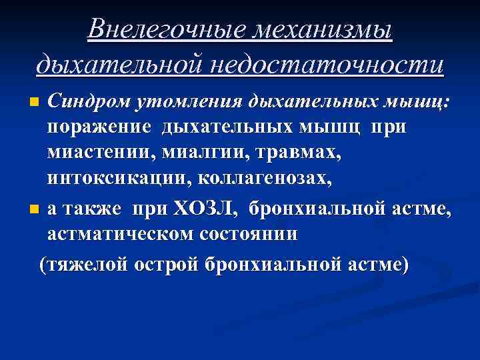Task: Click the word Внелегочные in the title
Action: click(171, 30)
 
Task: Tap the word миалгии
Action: click(189, 153)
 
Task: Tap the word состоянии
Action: click(250, 235)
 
